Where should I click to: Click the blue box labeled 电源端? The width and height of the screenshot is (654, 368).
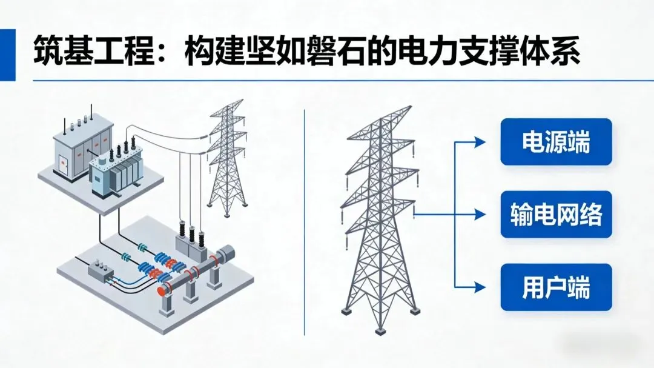pos(556,142)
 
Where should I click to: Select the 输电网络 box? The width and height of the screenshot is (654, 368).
pos(556,214)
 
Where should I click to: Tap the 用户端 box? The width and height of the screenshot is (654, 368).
pos(556,287)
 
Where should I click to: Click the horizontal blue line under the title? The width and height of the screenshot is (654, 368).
pos(327,81)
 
